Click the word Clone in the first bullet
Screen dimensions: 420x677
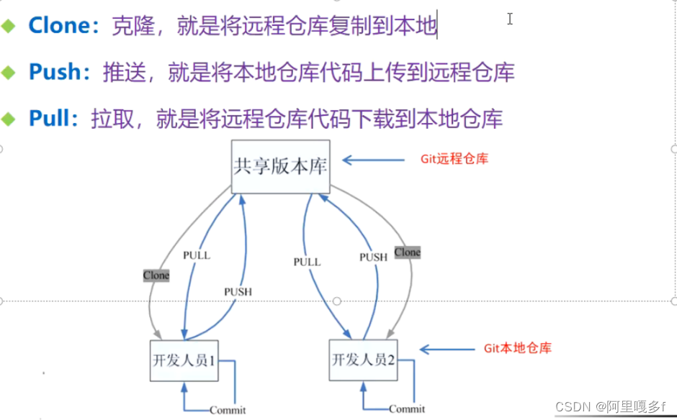[x=58, y=26]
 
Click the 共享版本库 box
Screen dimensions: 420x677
[x=280, y=167]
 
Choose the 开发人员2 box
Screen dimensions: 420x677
[x=363, y=360]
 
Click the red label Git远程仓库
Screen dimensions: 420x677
[x=454, y=159]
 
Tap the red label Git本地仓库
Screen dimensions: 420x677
[x=517, y=349]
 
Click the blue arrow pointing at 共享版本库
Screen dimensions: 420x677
[x=371, y=160]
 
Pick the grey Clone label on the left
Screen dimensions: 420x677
[x=156, y=275]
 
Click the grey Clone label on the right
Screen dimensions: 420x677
[x=407, y=252]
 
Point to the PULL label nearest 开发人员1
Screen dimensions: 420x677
[x=197, y=255]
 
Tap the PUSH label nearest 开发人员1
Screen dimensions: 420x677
[x=238, y=292]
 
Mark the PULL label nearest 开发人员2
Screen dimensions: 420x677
[x=307, y=262]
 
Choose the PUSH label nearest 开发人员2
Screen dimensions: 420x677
[x=373, y=257]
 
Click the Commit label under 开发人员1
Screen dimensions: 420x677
[x=228, y=410]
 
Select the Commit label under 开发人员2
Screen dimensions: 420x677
[x=407, y=409]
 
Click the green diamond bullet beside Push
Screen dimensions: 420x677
[x=9, y=73]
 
